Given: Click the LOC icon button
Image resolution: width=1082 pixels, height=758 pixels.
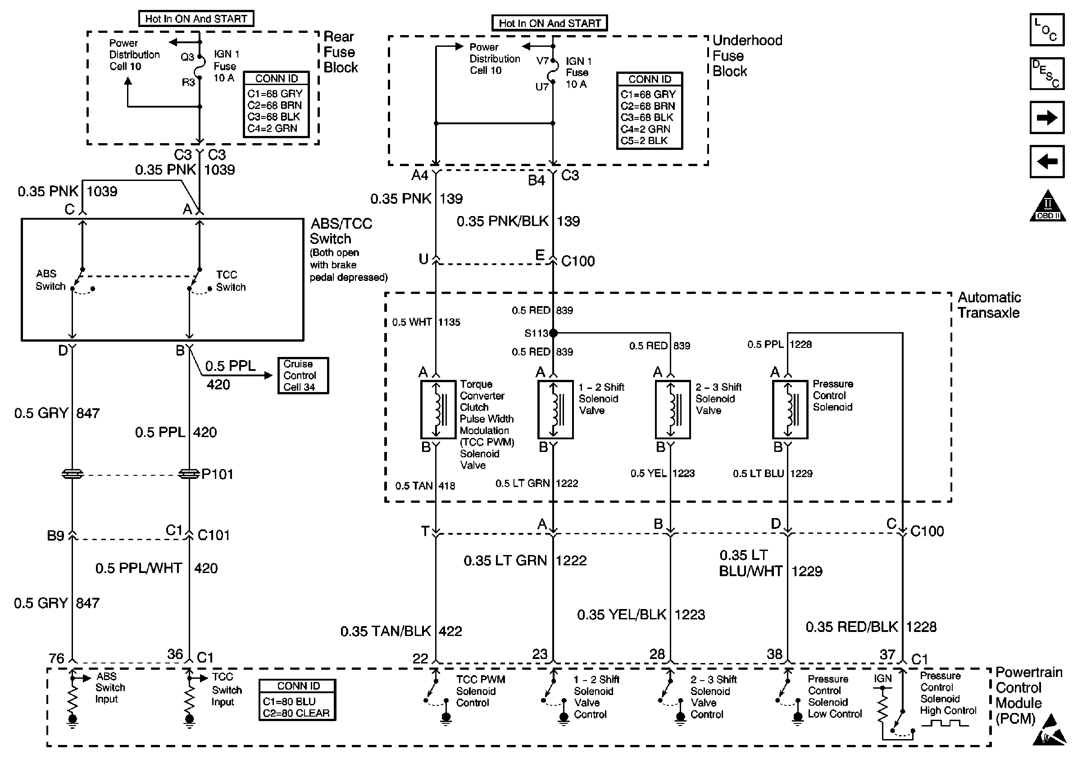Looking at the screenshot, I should click(1047, 30).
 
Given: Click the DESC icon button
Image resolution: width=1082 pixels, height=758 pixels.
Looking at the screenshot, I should click(1047, 73).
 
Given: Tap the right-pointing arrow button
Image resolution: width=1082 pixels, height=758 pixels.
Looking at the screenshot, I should click(1047, 117).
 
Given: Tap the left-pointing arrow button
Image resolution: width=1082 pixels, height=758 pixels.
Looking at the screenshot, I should click(1047, 162).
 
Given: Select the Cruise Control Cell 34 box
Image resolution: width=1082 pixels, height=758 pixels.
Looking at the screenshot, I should click(303, 376).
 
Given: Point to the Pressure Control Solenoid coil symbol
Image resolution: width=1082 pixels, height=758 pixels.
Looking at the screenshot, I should click(790, 410).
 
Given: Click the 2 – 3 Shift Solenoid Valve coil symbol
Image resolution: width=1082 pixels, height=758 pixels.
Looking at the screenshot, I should click(673, 410).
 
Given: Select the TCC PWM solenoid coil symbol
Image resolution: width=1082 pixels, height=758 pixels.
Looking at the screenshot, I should click(438, 410).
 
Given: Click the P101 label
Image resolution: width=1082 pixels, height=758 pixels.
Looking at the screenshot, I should click(217, 474).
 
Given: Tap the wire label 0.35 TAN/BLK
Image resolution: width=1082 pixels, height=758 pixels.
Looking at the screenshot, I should click(386, 632).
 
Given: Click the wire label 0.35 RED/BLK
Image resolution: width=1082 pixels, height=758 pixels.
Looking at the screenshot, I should click(851, 627).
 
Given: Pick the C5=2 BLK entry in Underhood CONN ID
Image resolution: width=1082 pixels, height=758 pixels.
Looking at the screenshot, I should click(644, 141).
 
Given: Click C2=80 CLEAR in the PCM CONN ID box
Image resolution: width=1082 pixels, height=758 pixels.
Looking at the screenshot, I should click(296, 713).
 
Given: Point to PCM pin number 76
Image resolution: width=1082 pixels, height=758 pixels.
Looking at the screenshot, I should click(57, 658).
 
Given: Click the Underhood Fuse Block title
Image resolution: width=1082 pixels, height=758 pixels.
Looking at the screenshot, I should click(746, 56).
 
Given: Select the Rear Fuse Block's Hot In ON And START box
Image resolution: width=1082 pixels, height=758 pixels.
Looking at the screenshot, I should click(196, 19).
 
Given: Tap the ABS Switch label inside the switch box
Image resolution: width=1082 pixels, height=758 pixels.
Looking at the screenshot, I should click(50, 280).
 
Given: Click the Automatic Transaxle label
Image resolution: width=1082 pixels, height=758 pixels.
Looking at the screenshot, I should click(989, 305).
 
